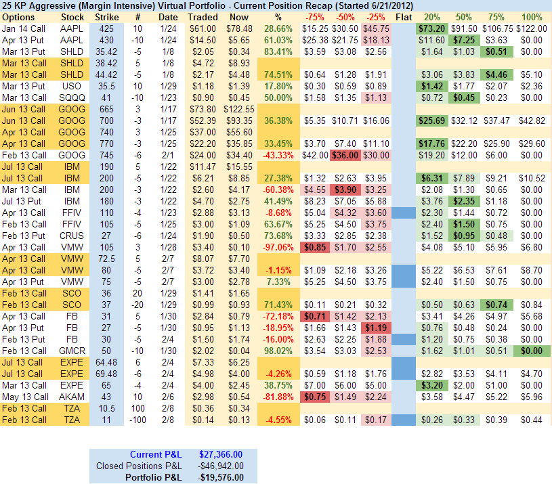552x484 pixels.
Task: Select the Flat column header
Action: click(x=404, y=16)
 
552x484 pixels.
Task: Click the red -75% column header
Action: click(x=314, y=16)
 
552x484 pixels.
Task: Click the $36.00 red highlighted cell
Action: click(x=345, y=154)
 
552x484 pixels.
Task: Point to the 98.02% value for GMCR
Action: click(x=275, y=351)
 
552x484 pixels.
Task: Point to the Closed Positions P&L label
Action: click(x=139, y=466)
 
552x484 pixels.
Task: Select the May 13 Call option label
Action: click(x=24, y=396)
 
